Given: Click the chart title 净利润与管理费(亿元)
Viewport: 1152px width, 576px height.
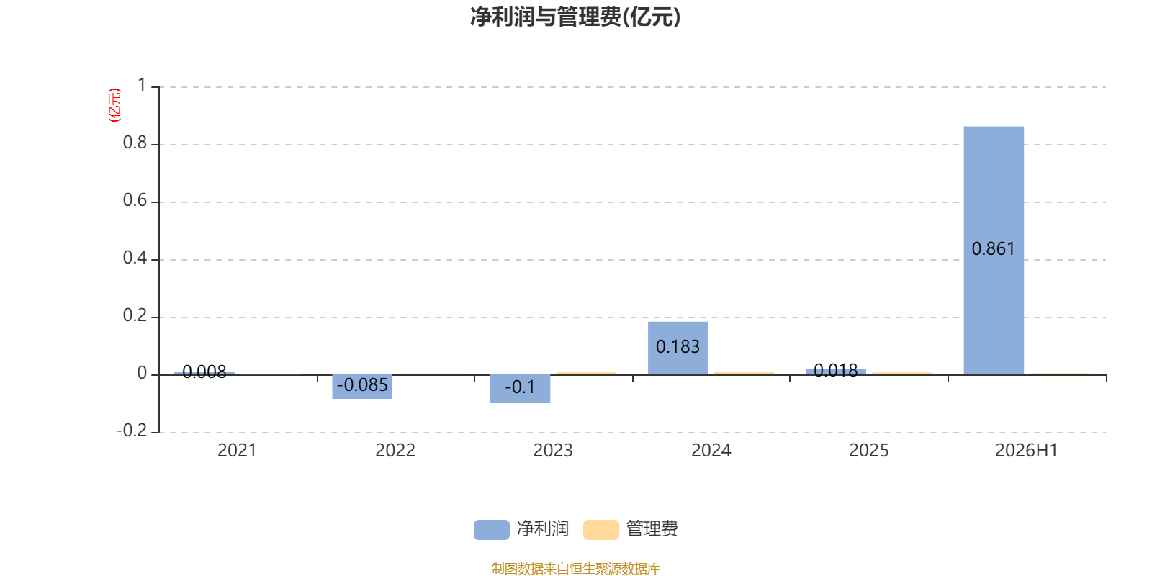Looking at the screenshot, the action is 575,17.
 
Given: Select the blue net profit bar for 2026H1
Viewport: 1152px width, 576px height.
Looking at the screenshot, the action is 994,251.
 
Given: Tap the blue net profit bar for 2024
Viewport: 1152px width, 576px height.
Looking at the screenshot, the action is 678,348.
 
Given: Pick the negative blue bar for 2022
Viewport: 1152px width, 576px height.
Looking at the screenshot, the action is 362,387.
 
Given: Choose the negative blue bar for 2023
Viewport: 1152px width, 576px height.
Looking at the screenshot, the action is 520,389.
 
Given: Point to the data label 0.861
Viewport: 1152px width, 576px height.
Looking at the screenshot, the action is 993,249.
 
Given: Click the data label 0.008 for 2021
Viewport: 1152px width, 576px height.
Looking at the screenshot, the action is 204,372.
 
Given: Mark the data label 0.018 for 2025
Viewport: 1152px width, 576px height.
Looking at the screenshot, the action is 836,370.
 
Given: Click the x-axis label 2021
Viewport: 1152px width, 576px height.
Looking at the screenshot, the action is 237,451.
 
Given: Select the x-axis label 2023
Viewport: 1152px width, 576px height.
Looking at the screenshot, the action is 553,451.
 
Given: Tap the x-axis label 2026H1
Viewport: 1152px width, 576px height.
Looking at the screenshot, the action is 1027,451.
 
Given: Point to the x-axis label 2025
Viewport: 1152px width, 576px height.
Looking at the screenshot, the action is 868,451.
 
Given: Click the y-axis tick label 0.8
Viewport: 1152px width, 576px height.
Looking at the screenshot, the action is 135,143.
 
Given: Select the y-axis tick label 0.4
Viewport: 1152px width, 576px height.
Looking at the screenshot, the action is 135,258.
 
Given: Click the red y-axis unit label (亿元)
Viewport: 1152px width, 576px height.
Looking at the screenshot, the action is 114,105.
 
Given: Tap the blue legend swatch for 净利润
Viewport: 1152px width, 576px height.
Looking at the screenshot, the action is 492,530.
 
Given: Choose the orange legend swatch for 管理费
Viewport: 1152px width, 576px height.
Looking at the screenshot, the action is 600,530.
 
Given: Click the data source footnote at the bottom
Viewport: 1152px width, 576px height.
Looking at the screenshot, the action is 575,568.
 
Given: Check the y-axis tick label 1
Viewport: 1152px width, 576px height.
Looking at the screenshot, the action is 142,86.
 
